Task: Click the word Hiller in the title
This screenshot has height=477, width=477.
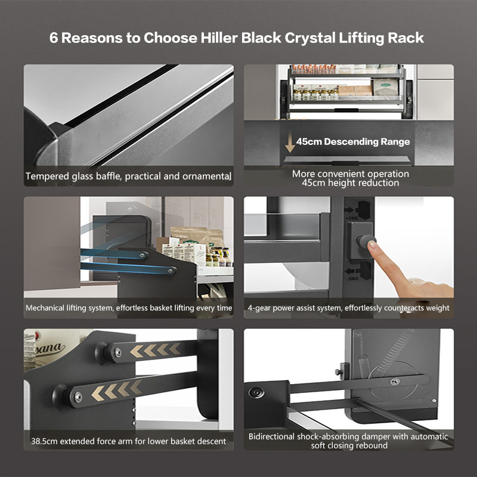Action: click(x=219, y=38)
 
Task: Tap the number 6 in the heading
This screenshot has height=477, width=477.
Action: click(x=54, y=38)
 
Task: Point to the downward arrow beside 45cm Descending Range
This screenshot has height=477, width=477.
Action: click(x=290, y=142)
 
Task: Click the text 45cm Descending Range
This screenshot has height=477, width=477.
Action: click(x=353, y=141)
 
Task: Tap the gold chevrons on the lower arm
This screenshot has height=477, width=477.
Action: click(x=117, y=390)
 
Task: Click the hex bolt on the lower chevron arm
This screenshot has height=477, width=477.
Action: click(x=78, y=397)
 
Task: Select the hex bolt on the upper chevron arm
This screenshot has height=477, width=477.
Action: click(x=117, y=352)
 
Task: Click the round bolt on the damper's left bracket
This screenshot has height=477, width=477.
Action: click(x=256, y=393)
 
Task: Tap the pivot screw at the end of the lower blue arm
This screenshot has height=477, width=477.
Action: click(x=172, y=271)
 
